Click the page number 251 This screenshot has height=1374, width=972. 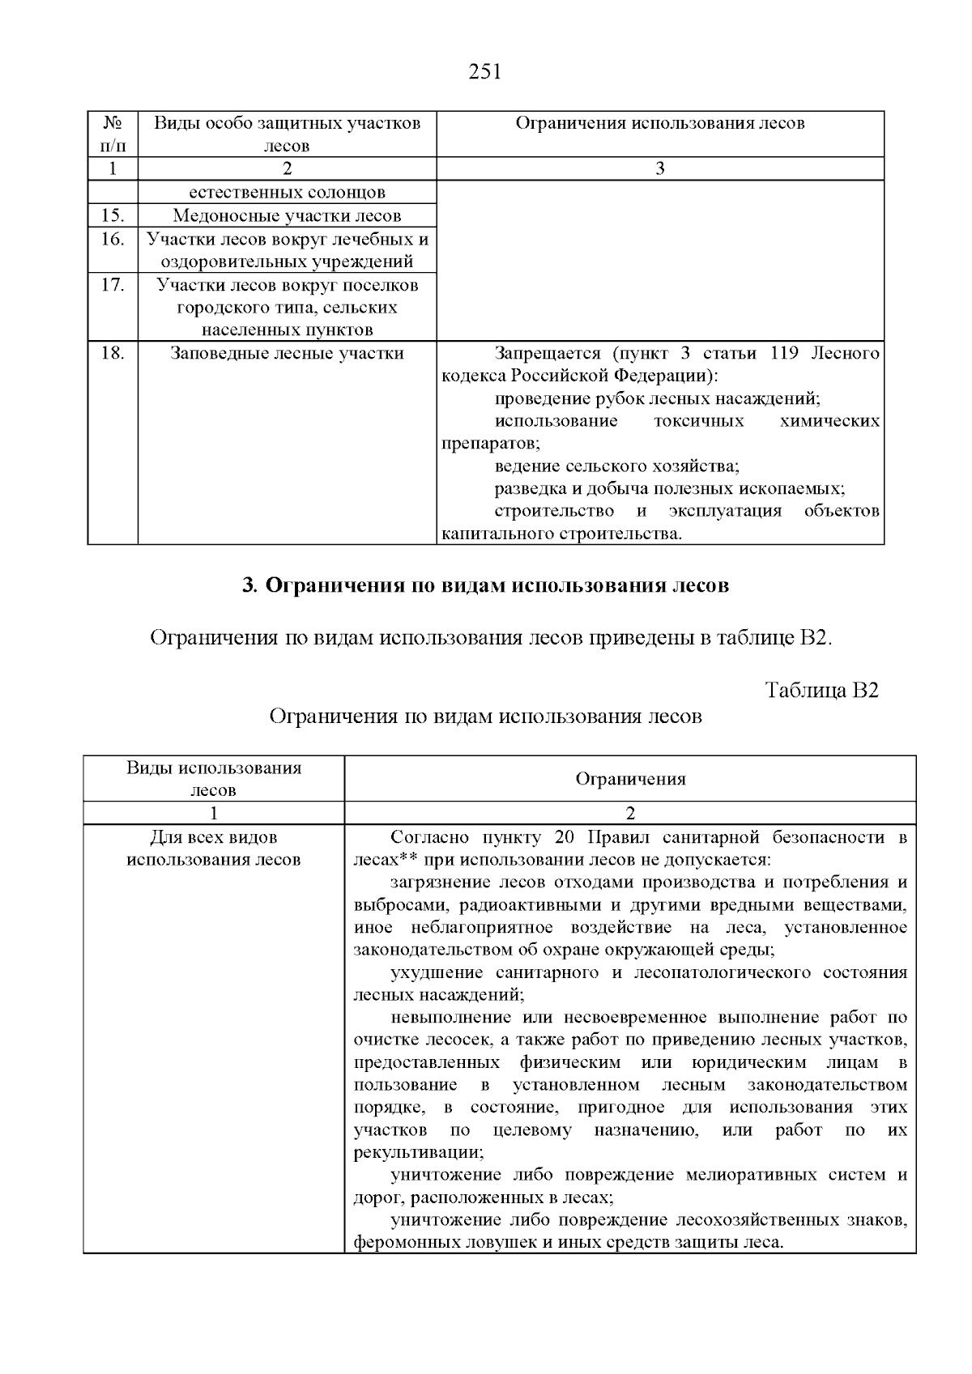485,72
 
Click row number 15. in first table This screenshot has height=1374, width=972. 113,215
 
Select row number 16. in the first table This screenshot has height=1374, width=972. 113,239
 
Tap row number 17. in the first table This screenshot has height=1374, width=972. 113,285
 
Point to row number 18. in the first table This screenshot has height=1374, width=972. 113,353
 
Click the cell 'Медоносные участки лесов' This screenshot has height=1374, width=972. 287,215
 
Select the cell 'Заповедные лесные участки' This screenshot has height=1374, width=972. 287,353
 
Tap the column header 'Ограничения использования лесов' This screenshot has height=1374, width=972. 659,123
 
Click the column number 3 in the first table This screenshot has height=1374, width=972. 659,168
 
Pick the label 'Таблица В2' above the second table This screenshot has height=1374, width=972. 822,690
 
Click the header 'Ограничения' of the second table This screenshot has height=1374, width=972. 630,779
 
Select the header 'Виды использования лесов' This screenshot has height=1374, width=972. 214,778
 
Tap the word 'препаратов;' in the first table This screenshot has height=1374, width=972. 491,444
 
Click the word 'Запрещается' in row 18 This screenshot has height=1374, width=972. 548,353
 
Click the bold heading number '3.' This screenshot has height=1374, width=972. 249,585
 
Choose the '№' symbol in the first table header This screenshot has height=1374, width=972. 113,123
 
